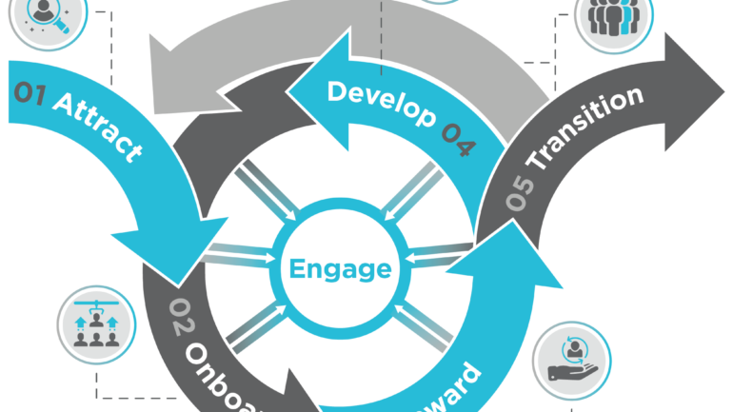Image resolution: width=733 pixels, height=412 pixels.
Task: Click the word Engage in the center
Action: [x=340, y=269]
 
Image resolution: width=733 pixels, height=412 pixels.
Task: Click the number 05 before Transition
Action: [x=520, y=195]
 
